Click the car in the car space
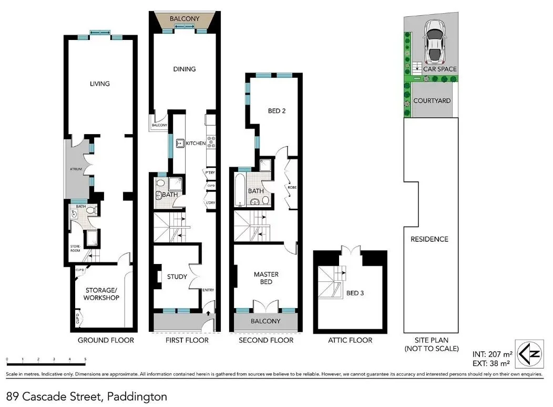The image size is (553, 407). coord(434,40)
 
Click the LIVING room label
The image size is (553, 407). coord(99,84)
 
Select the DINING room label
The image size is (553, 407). coord(184,69)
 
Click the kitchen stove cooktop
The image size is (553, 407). coord(211,141)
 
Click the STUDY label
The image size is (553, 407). coord(177,277)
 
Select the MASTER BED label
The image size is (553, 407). coord(266,278)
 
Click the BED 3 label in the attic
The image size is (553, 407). coord(355,293)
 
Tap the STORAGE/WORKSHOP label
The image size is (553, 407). coord(101,293)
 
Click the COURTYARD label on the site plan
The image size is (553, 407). coord(432,100)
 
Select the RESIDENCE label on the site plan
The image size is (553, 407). coord(429,239)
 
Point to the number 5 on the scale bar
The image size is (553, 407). coord(85,360)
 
